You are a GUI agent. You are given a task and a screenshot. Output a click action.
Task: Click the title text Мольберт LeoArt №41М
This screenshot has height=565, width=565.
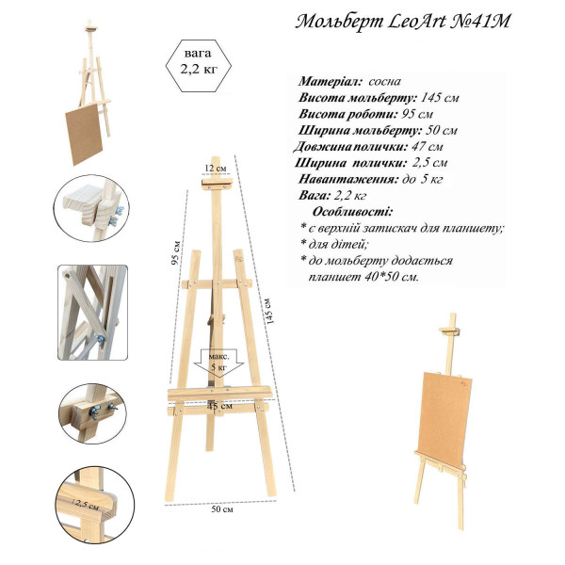[x=403, y=22]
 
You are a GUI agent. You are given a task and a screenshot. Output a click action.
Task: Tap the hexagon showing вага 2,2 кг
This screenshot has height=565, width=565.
[x=199, y=66]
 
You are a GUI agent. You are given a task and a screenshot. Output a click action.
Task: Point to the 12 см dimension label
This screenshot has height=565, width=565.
[x=216, y=169]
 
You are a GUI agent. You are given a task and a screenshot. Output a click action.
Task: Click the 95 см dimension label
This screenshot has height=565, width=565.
[x=176, y=252]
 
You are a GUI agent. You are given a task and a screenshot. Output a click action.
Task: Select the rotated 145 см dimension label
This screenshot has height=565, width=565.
[x=268, y=311]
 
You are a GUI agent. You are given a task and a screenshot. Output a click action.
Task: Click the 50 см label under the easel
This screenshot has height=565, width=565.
[x=222, y=509]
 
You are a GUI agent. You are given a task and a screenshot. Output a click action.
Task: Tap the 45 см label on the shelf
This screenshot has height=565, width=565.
[x=219, y=406]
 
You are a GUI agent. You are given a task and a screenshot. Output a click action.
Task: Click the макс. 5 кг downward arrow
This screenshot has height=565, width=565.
[x=218, y=363]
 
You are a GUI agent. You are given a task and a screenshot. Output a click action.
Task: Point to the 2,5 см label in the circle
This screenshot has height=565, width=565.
[x=86, y=505]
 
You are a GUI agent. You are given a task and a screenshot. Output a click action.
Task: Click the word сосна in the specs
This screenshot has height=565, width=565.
[x=384, y=81]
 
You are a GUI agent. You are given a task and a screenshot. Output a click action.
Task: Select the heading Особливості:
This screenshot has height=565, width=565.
[x=352, y=211]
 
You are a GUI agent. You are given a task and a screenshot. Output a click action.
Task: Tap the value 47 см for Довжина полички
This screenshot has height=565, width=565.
[x=427, y=147]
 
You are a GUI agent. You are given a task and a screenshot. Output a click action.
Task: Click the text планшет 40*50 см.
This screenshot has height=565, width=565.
[x=363, y=277]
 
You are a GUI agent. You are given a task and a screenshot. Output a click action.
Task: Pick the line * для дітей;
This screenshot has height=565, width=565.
[x=334, y=244]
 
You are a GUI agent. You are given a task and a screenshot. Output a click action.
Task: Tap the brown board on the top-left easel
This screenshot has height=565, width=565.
[x=84, y=134]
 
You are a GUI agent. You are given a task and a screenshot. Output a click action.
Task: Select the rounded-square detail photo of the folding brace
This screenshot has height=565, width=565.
[x=93, y=313]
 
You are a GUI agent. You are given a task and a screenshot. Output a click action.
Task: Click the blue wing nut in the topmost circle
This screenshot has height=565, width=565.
[x=117, y=216]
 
